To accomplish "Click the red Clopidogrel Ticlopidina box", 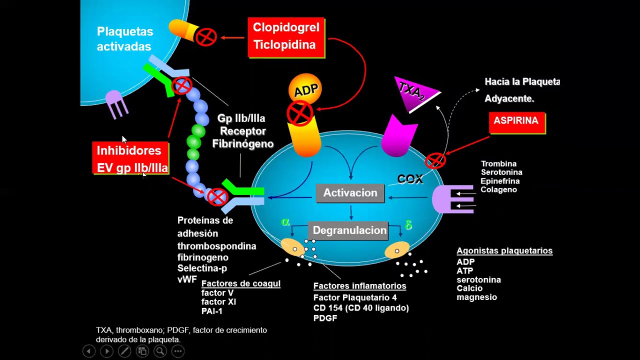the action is [286, 37].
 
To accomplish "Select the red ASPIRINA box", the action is [517, 123].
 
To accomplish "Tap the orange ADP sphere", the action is [305, 89].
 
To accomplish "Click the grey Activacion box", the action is [350, 193].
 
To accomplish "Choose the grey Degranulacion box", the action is [348, 230].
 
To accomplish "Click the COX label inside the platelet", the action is [410, 179].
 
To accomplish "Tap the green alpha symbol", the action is [285, 221].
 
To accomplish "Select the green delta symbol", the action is [408, 225].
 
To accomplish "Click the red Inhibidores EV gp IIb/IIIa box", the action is [130, 158].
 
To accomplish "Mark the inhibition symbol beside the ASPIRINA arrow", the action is [435, 160].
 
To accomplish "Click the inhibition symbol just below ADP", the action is [300, 113].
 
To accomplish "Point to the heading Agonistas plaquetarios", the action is [504, 250].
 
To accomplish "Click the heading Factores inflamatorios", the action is [359, 285].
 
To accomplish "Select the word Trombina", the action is [498, 163].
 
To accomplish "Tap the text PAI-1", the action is [211, 311].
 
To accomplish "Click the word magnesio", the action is [476, 297].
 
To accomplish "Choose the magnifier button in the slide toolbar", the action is [160, 351].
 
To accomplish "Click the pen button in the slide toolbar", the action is [124, 351].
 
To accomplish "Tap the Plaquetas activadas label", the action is [125, 39].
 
